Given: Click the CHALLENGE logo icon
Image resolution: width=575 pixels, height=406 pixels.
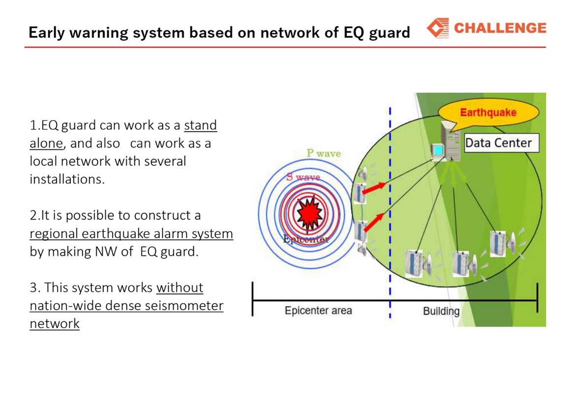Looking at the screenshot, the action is (438, 28).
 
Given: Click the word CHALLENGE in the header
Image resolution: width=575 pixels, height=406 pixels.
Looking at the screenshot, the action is (500, 28).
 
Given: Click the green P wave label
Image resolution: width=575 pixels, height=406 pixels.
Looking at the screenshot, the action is (324, 153).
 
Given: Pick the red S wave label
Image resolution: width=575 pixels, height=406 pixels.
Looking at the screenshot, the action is (303, 177).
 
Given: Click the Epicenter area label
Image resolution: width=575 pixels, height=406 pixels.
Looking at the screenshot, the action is (318, 311).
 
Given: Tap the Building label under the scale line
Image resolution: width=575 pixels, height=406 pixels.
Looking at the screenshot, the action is (441, 311).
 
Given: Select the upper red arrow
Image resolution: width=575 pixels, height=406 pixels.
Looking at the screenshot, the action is (374, 188).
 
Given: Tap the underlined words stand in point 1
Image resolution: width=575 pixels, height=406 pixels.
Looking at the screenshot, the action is (200, 125).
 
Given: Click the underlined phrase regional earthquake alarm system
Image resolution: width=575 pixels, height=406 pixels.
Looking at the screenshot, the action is (131, 234).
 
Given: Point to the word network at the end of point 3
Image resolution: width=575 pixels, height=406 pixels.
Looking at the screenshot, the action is (55, 324).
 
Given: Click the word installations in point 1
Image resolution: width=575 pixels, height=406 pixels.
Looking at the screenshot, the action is (67, 179).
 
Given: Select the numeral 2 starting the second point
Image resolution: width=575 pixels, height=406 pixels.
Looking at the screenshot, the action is (33, 215).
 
